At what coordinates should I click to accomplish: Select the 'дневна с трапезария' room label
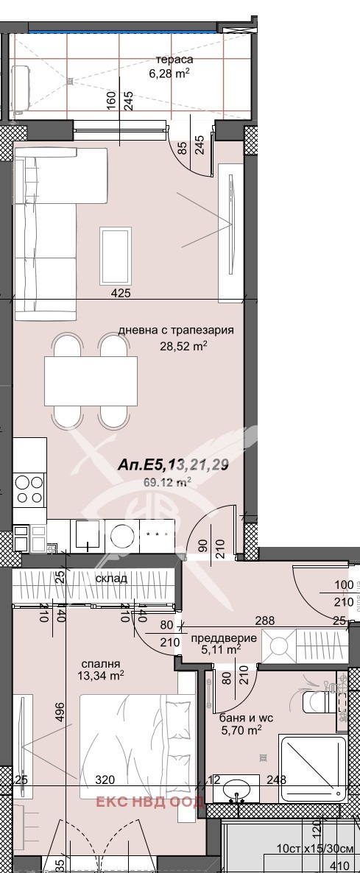176,331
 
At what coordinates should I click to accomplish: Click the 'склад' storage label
110,578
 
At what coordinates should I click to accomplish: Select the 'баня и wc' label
241,718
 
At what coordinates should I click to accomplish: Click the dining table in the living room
91,380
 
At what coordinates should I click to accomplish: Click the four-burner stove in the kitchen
29,490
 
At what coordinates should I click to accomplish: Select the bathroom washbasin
236,789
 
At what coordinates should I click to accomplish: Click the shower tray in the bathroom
311,767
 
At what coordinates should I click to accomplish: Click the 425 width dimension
121,294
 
